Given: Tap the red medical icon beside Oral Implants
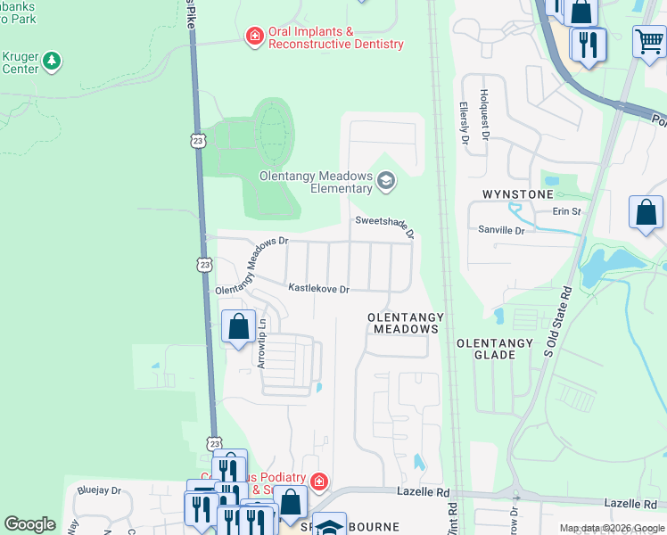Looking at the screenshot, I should pyautogui.click(x=255, y=37).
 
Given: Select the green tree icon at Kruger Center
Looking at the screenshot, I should pyautogui.click(x=53, y=61).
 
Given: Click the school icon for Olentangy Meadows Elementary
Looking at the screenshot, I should pyautogui.click(x=386, y=182).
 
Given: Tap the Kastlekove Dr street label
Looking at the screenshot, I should pyautogui.click(x=317, y=288).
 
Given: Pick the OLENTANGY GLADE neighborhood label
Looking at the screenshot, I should pyautogui.click(x=494, y=349).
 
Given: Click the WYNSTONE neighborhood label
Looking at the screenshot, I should pyautogui.click(x=514, y=193).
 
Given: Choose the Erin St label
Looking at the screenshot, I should pyautogui.click(x=566, y=211).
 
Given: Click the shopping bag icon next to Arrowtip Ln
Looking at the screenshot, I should pyautogui.click(x=238, y=326).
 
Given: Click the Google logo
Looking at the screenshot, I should pyautogui.click(x=29, y=524).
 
